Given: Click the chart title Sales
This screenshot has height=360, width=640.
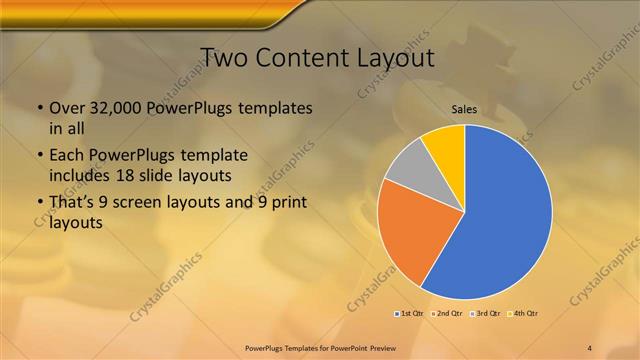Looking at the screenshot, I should [464, 109].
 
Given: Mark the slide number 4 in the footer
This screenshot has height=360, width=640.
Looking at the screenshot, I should [590, 347].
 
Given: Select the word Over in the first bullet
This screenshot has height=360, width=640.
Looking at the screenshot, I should [66, 108].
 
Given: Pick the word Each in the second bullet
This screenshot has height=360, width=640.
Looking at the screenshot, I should [67, 156].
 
